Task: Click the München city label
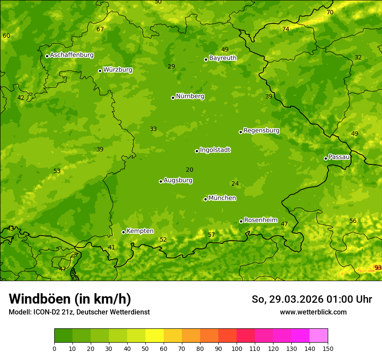click(x=222, y=198)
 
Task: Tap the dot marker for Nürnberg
click(x=173, y=98)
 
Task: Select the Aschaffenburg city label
click(x=72, y=55)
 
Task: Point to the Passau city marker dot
click(x=326, y=158)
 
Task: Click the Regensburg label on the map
click(x=261, y=131)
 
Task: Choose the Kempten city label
click(x=140, y=231)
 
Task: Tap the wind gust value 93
click(x=378, y=268)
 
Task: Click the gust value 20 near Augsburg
click(x=189, y=170)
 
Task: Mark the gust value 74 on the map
click(x=286, y=29)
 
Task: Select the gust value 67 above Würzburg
click(x=100, y=29)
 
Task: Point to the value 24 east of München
click(x=235, y=184)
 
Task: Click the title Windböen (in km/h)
click(x=70, y=299)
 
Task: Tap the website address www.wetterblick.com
click(x=313, y=312)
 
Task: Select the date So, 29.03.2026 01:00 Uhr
click(x=312, y=299)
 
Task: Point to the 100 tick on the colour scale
click(x=237, y=348)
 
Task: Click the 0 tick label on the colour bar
click(x=54, y=348)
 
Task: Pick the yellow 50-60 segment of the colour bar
click(x=155, y=336)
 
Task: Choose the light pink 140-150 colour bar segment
click(x=319, y=336)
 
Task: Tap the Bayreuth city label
click(x=223, y=58)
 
